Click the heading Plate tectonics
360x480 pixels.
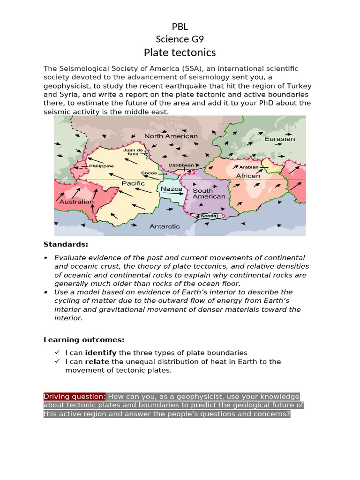pyautogui.click(x=180, y=52)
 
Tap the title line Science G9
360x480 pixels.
pyautogui.click(x=180, y=39)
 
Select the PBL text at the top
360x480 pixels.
pyautogui.click(x=180, y=27)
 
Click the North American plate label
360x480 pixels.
pyautogui.click(x=171, y=136)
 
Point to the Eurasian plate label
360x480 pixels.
pyautogui.click(x=279, y=139)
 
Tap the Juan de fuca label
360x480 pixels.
pyautogui.click(x=133, y=152)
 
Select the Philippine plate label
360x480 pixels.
pyautogui.click(x=101, y=166)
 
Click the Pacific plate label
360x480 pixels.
pyautogui.click(x=133, y=183)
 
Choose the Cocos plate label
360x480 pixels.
pyautogui.click(x=149, y=173)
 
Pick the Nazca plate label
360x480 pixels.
pyautogui.click(x=171, y=189)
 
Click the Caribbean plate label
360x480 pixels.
pyautogui.click(x=181, y=165)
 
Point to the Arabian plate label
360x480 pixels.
pyautogui.click(x=248, y=167)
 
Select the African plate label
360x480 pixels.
pyautogui.click(x=247, y=176)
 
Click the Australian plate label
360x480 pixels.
pyautogui.click(x=76, y=202)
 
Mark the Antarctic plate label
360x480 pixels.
pyautogui.click(x=165, y=226)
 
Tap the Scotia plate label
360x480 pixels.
pyautogui.click(x=209, y=216)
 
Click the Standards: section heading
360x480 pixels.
pyautogui.click(x=66, y=244)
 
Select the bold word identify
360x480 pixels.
pyautogui.click(x=101, y=352)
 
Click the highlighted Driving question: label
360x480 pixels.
pyautogui.click(x=75, y=396)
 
